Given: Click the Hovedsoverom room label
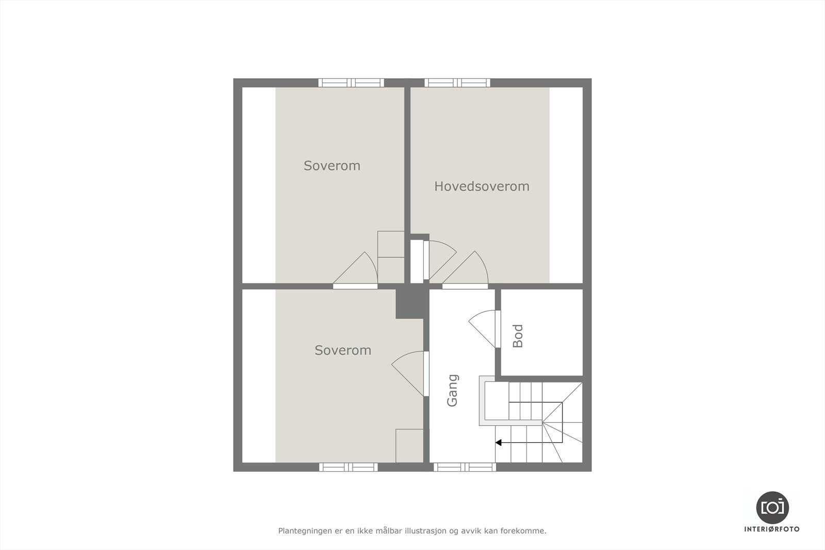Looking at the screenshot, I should point(482,186).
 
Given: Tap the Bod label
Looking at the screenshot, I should point(518,336).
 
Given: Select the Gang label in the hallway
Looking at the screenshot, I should point(452,390).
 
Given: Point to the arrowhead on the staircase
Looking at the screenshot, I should point(498,442).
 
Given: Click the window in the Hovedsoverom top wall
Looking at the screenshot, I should point(457,82).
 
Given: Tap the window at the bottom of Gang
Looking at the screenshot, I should point(465,467).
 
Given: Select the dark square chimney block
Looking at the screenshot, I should point(411,304).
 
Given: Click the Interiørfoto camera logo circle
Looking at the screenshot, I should point(772,507).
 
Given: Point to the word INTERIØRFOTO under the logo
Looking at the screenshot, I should point(772,529).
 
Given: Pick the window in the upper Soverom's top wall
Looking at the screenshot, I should point(351,82).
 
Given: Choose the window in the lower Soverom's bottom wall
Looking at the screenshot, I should point(349,467).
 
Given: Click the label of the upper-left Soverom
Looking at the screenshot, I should point(332,165).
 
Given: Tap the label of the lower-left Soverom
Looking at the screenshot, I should point(343,350).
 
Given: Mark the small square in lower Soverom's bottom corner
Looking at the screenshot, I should point(409,446).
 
